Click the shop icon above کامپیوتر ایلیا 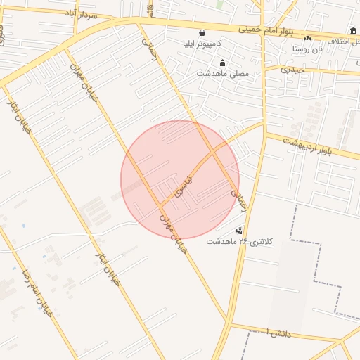tap(202, 32)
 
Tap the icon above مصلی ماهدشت tap(223, 63)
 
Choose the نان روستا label tap(308, 49)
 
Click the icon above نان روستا tap(307, 38)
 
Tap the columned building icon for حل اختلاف tap(352, 31)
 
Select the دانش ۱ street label tap(274, 332)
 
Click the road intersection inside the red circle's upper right tap(212, 153)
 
